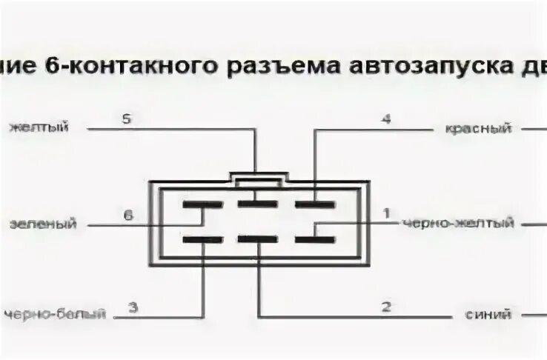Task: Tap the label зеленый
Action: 43,224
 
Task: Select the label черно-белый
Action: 53,314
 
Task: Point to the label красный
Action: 478,128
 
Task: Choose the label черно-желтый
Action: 457,223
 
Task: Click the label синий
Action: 489,314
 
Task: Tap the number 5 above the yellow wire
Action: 126,119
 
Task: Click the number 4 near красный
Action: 385,119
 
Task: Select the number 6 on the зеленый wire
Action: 127,215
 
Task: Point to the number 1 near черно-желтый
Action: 385,214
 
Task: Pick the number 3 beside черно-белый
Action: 133,307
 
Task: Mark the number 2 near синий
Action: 385,307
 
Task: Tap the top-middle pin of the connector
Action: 257,203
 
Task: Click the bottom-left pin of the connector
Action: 202,239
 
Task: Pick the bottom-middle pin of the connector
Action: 257,239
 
